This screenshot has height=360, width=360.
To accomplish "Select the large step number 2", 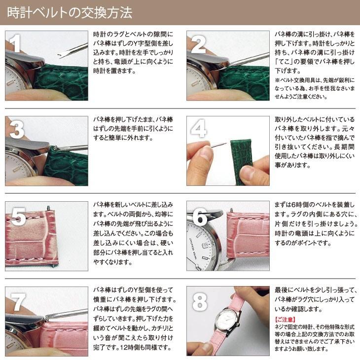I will pyautogui.click(x=198, y=45).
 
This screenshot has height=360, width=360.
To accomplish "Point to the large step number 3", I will pyautogui.click(x=16, y=130).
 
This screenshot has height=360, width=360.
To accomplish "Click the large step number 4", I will pyautogui.click(x=198, y=130).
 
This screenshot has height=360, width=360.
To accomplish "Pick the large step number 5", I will pyautogui.click(x=18, y=216).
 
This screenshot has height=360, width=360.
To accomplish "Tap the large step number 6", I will pyautogui.click(x=199, y=216).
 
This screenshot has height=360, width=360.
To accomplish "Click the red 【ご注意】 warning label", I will pyautogui.click(x=286, y=320).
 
